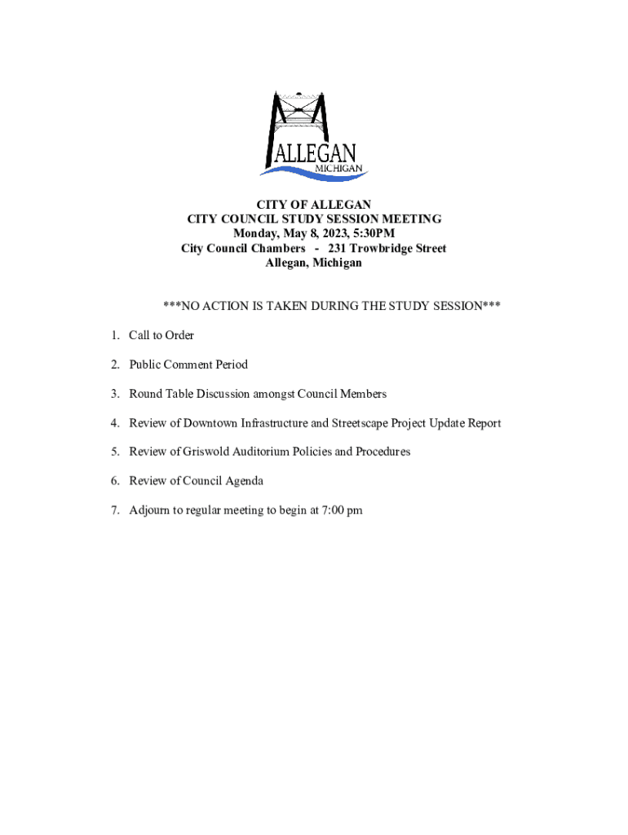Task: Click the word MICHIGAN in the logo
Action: pos(339,168)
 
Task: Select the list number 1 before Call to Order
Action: pos(116,335)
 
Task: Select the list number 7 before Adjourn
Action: pos(116,510)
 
